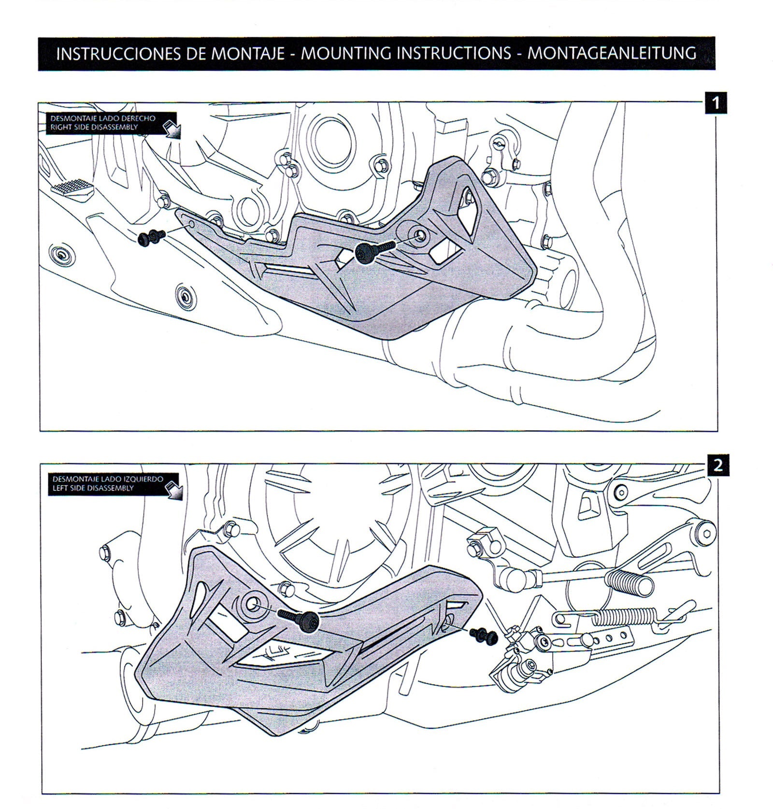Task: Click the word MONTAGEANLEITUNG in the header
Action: point(611,53)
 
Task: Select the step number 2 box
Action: point(717,465)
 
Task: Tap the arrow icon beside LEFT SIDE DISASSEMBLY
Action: point(172,491)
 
